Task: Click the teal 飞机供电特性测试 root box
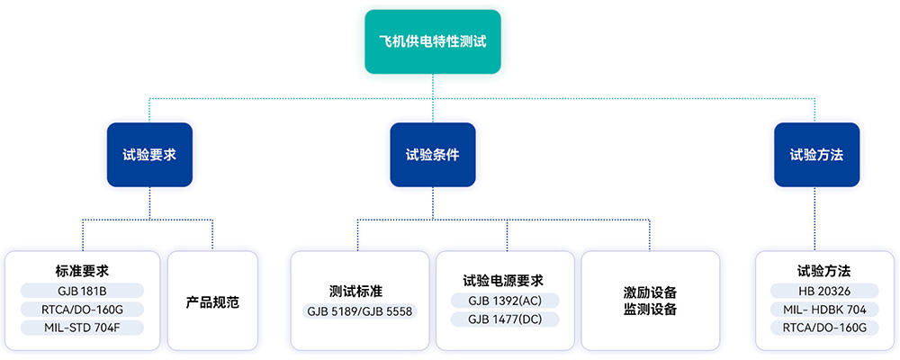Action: [433, 41]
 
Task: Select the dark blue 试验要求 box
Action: [149, 154]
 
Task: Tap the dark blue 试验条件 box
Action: [433, 154]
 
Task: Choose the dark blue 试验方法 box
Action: [816, 154]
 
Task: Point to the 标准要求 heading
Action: [82, 270]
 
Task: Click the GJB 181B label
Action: [82, 290]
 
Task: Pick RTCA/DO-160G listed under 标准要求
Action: [82, 309]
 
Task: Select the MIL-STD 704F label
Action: [82, 328]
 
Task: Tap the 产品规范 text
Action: [212, 301]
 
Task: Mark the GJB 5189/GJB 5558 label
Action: [359, 311]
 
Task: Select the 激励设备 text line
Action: [650, 292]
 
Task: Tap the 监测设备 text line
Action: [650, 310]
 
